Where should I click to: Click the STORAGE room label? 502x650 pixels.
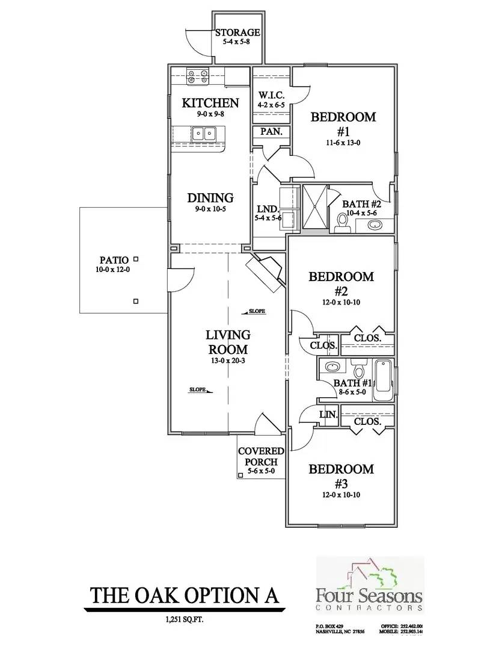(x=237, y=32)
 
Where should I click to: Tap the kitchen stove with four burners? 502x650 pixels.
(x=198, y=76)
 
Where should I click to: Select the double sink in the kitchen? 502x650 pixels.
(x=203, y=134)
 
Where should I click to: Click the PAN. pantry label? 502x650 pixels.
(x=271, y=132)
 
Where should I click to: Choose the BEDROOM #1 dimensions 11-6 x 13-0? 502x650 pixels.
(x=343, y=143)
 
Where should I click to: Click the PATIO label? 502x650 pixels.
(x=114, y=261)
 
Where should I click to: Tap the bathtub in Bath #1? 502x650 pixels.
(x=383, y=381)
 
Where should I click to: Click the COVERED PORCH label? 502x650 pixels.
(x=261, y=457)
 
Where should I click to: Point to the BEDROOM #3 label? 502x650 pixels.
(x=341, y=475)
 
